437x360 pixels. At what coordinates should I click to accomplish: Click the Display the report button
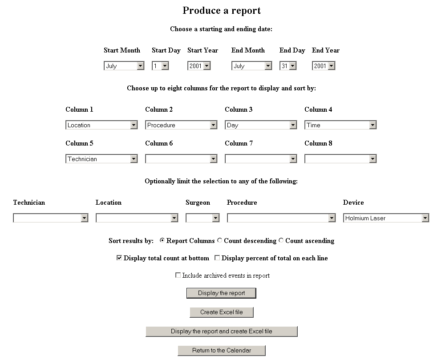(x=221, y=293)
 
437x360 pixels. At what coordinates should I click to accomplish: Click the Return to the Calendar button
(x=222, y=351)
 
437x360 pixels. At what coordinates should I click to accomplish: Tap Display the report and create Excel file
(x=222, y=332)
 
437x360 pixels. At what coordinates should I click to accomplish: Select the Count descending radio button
(x=220, y=240)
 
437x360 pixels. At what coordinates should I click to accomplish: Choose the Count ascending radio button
(x=281, y=240)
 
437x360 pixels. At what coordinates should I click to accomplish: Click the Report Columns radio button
(x=162, y=240)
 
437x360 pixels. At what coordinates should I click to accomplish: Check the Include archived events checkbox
(x=178, y=275)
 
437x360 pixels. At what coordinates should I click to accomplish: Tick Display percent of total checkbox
(x=217, y=258)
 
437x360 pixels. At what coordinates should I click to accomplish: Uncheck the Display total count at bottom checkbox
(x=119, y=258)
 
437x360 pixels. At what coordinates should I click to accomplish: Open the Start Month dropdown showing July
(x=124, y=66)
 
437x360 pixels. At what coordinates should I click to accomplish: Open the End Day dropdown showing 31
(x=288, y=66)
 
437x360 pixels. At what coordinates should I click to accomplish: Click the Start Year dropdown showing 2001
(x=199, y=66)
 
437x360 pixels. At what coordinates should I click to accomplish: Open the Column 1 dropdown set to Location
(x=102, y=125)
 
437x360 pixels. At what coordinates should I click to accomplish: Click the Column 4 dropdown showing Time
(x=340, y=125)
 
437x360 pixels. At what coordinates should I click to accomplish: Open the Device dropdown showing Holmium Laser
(x=386, y=218)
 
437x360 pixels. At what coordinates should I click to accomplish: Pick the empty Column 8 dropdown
(x=340, y=159)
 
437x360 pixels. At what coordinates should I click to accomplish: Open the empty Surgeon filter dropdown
(x=202, y=218)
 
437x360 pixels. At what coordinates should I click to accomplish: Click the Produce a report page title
(x=222, y=11)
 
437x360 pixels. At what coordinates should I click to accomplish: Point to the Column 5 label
(x=79, y=143)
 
